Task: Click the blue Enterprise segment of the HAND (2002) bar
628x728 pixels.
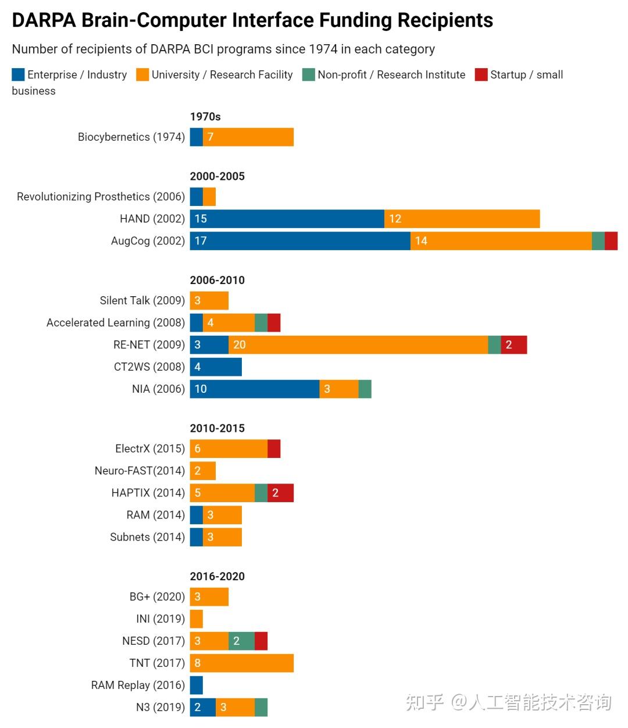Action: (287, 219)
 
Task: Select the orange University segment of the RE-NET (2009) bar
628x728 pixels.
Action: (358, 345)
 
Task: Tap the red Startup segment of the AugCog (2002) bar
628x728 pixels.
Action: (611, 241)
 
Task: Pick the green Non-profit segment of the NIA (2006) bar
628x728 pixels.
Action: (365, 389)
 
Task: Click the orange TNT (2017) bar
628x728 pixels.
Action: (242, 663)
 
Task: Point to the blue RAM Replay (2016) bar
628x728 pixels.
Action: (197, 685)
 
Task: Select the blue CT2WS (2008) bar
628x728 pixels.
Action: (216, 367)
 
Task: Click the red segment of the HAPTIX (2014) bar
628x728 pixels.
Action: (280, 493)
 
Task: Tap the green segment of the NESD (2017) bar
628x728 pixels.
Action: (241, 641)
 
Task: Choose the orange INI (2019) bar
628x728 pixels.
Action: (197, 619)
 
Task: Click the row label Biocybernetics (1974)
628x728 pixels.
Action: (131, 137)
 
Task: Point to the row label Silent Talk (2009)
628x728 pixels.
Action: (142, 300)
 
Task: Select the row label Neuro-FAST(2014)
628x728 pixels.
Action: (140, 471)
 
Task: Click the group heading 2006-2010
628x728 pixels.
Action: (217, 280)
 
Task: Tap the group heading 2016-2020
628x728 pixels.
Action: (217, 576)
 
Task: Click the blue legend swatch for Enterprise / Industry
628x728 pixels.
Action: (18, 74)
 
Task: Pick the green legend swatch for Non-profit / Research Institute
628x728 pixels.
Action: (309, 74)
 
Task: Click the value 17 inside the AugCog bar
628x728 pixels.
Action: (201, 241)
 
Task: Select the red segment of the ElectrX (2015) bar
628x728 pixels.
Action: (274, 449)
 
